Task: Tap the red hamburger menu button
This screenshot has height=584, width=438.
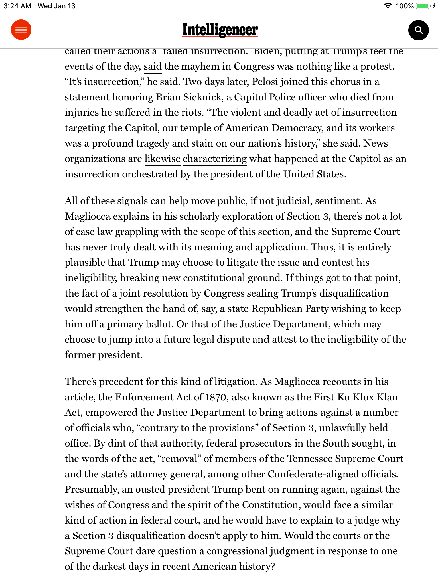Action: (x=21, y=30)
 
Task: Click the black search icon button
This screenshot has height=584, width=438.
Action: (x=418, y=30)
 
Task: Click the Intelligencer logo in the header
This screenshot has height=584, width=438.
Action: (x=220, y=30)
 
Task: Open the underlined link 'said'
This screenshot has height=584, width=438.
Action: (x=153, y=66)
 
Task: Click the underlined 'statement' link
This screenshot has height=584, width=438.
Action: (x=87, y=97)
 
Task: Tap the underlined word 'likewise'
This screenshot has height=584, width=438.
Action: (x=162, y=159)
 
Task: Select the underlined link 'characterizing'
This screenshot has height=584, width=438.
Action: (x=215, y=159)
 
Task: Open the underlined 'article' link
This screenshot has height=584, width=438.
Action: (x=79, y=397)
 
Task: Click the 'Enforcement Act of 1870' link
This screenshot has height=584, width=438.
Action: (x=171, y=397)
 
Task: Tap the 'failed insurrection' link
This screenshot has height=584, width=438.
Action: (x=204, y=52)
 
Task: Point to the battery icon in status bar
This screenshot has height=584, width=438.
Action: (x=423, y=6)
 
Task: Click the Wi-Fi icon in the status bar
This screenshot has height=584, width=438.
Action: (x=388, y=6)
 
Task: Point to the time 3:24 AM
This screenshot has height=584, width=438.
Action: (x=17, y=6)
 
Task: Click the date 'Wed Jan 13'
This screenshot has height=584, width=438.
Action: (x=56, y=6)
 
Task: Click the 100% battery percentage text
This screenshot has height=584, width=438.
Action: (x=405, y=6)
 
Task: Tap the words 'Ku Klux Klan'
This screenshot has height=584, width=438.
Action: (x=368, y=397)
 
